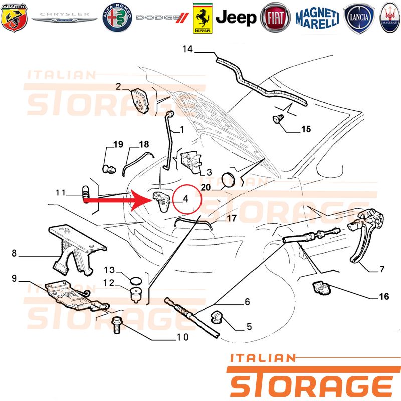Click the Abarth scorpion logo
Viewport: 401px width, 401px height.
click(14, 18)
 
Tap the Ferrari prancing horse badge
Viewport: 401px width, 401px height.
click(203, 18)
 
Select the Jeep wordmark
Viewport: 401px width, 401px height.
click(236, 18)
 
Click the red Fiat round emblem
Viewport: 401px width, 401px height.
click(275, 18)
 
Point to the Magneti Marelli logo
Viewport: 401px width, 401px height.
click(317, 18)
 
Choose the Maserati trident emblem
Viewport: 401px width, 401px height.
click(390, 18)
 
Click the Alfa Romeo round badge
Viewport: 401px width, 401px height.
click(117, 18)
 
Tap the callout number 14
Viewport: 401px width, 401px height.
click(187, 49)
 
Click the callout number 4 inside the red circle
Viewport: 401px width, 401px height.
click(186, 198)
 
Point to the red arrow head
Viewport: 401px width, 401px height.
click(141, 200)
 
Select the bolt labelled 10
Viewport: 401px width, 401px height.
click(117, 325)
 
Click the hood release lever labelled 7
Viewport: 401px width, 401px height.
click(366, 235)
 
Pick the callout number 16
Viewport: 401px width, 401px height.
click(384, 296)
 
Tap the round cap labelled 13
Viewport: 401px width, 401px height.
click(136, 281)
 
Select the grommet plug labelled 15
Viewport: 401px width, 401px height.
click(278, 119)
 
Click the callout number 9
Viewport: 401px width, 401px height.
click(14, 278)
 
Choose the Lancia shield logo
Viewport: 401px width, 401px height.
click(359, 18)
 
